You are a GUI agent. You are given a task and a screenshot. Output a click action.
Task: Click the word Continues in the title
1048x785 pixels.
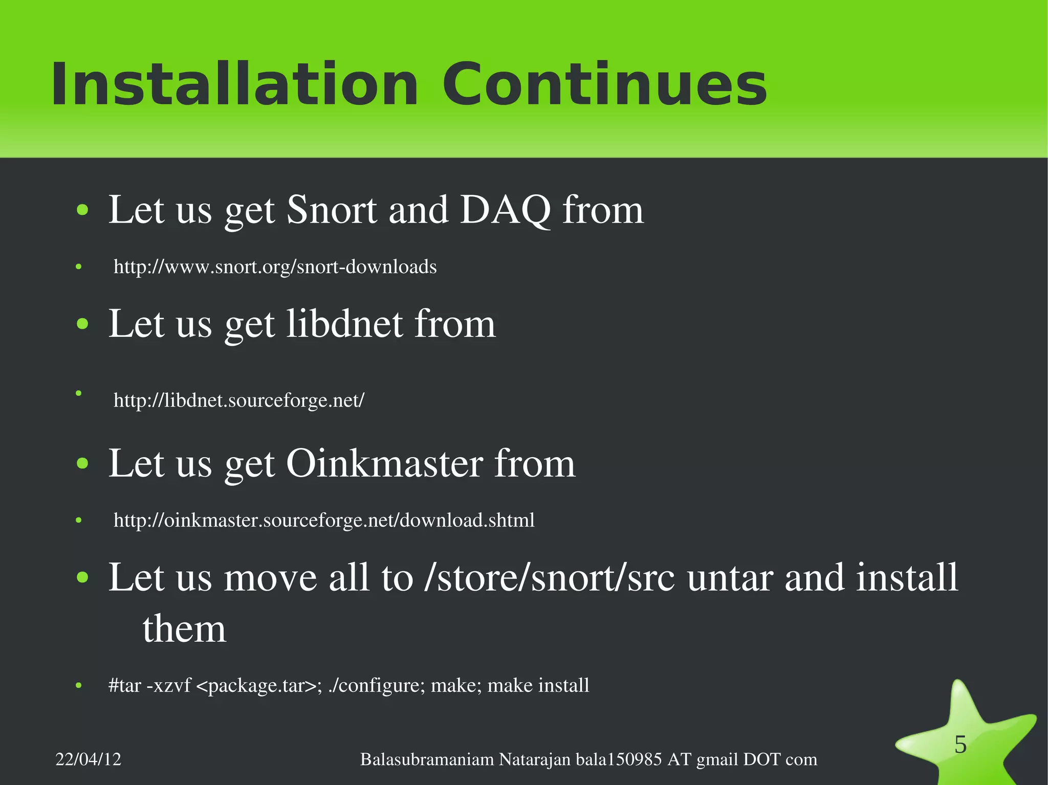[604, 84]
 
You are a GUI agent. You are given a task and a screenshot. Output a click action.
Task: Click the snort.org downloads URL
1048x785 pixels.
[275, 267]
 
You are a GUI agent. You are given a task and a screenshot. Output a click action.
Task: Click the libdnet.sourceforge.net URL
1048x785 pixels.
[238, 400]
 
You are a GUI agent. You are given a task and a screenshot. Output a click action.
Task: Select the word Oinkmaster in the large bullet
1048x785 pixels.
[384, 463]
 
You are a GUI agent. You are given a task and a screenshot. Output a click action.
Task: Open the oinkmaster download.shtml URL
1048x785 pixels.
[324, 520]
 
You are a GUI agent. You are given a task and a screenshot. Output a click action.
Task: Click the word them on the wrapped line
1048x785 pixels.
[184, 629]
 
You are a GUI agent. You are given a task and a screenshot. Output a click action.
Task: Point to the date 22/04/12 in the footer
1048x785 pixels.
[88, 759]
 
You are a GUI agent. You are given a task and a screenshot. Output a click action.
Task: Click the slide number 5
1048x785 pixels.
[960, 745]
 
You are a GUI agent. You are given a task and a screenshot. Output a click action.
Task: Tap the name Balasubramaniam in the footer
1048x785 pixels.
[427, 759]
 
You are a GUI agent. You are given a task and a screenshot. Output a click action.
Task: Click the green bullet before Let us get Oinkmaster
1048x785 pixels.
[82, 464]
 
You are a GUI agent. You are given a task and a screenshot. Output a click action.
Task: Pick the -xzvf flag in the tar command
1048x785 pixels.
[168, 685]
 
